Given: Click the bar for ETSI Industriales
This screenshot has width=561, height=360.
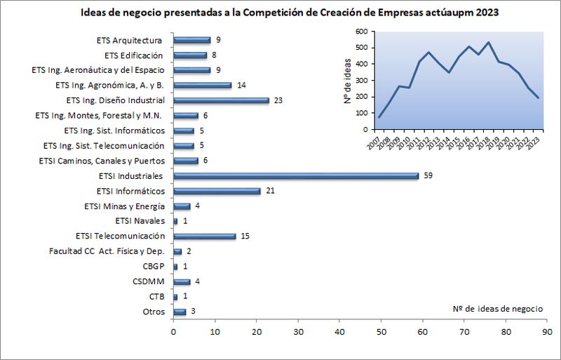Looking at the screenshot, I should [295, 175].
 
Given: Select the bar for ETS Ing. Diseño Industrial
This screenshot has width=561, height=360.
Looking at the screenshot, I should [221, 100].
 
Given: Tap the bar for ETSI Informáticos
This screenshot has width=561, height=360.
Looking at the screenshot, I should [217, 191].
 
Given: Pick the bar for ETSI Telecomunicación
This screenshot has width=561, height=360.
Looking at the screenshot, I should [204, 236].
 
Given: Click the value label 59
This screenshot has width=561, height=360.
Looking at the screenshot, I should [428, 175].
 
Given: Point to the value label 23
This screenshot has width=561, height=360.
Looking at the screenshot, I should [278, 100].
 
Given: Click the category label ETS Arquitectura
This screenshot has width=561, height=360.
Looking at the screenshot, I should [130, 40].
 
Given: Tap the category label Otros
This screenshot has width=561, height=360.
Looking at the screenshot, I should [153, 312].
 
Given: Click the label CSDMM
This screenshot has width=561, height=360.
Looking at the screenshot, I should [149, 281].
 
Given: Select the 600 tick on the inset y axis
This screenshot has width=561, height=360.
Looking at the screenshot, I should [360, 32].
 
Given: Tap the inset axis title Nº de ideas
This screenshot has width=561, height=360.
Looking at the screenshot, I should [348, 81].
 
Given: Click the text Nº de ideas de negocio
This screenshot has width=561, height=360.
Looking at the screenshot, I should [497, 309].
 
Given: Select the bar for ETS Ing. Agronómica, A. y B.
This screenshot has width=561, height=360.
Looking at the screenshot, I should [202, 85].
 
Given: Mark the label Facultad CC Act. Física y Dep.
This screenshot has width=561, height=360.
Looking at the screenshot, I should [107, 251].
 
